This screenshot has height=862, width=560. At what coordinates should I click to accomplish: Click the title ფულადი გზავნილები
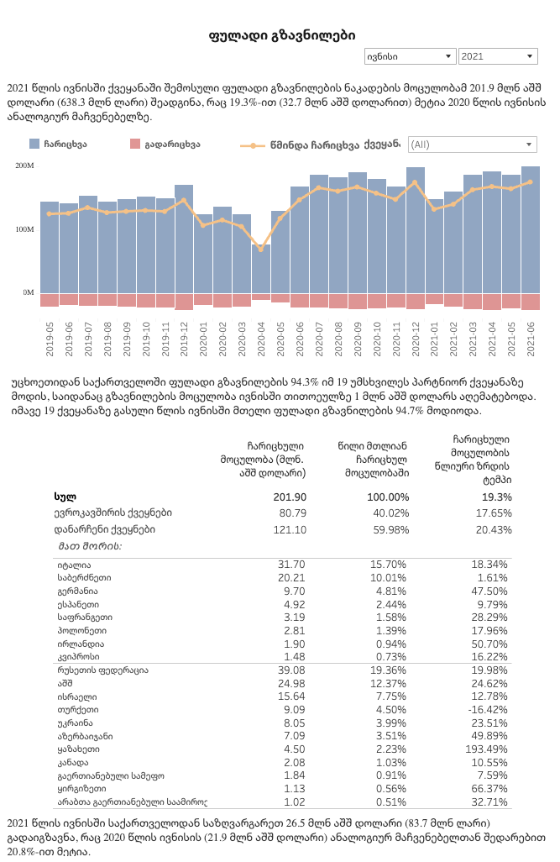tap(281, 35)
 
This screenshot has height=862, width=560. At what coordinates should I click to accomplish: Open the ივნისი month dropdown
tap(409, 56)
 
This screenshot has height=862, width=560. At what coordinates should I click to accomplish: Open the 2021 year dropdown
tap(498, 56)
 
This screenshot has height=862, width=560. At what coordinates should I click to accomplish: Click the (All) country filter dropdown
tap(472, 145)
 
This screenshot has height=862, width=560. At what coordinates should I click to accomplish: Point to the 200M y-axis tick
tap(24, 166)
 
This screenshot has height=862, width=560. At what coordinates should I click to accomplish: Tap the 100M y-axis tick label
tap(24, 229)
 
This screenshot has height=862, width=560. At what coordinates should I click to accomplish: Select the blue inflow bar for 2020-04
tap(261, 269)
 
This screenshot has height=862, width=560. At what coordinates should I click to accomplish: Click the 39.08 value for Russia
tap(291, 670)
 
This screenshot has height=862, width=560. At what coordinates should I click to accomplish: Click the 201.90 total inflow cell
tap(290, 497)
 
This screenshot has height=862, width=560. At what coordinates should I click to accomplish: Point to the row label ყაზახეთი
tap(79, 749)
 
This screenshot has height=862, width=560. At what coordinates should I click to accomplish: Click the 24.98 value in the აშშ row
tap(291, 683)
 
